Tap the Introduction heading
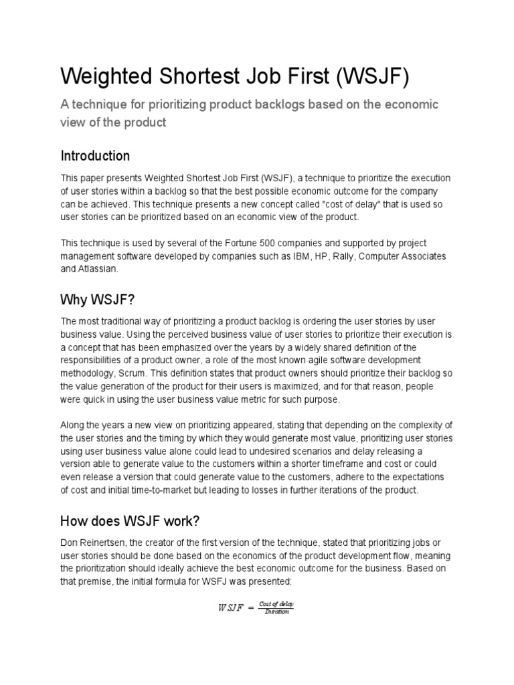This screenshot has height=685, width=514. (95, 156)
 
